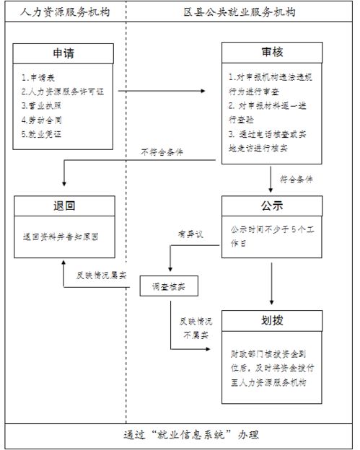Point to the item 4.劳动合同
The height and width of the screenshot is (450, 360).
40,119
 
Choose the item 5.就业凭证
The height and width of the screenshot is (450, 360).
40,133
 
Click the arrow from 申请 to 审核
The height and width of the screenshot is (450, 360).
169,92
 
